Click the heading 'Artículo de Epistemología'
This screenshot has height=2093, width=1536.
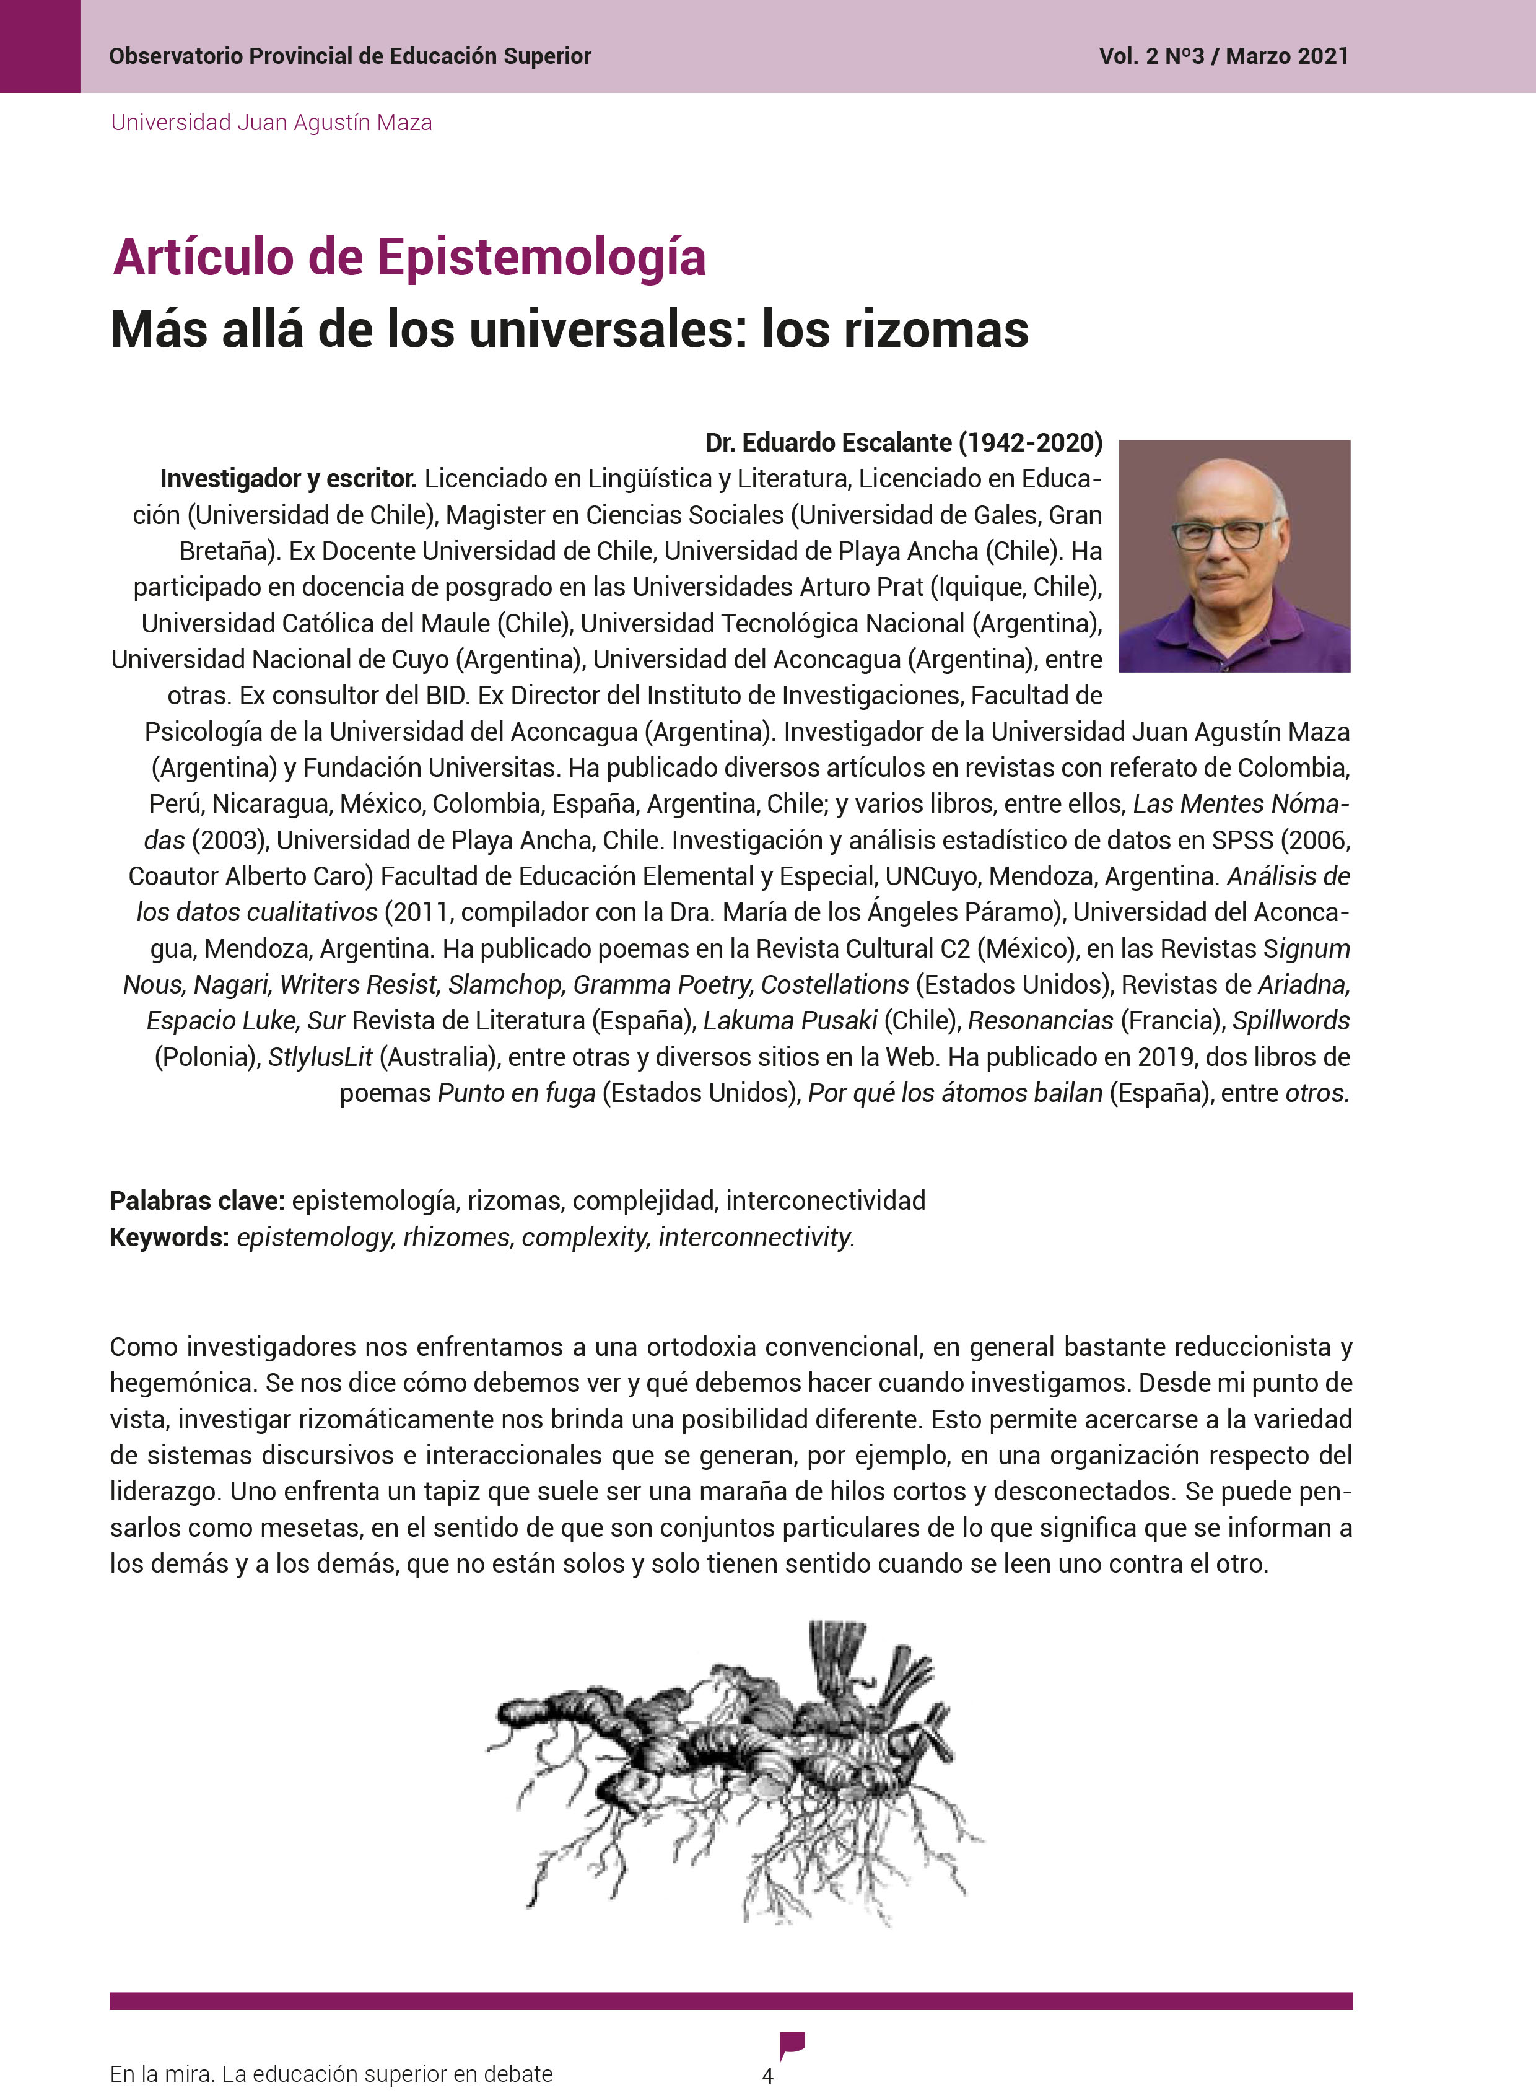point(409,258)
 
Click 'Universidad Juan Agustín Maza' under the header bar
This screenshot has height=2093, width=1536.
point(271,123)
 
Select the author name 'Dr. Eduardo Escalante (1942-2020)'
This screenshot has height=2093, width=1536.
point(903,443)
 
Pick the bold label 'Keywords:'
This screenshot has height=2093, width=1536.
point(169,1238)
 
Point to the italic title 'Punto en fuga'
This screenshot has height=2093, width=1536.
point(516,1093)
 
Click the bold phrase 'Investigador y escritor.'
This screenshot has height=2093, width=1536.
point(287,479)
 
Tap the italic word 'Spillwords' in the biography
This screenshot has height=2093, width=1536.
point(1291,1021)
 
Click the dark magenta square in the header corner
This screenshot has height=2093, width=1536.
point(40,46)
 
